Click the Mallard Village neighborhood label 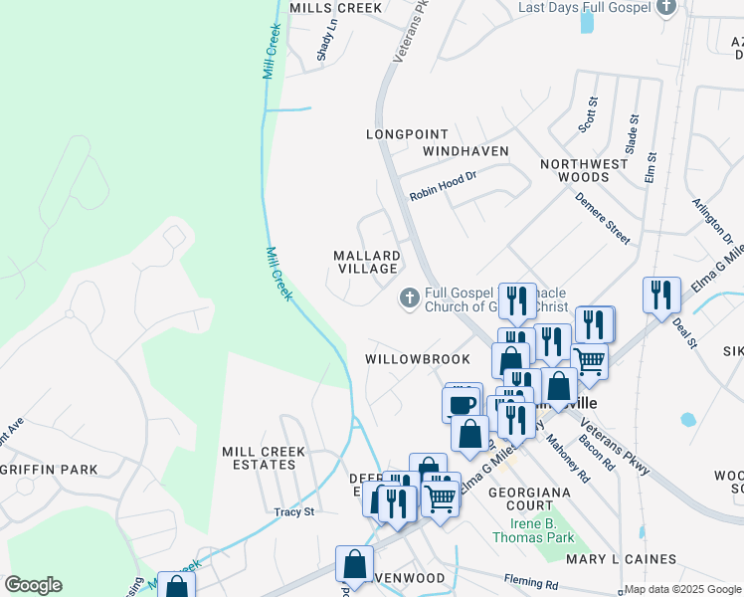coord(366,263)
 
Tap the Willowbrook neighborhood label coord(403,358)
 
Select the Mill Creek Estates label coord(264,459)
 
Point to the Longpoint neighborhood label coord(407,133)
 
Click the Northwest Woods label coord(584,170)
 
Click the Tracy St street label coord(293,512)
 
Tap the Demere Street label coord(602,218)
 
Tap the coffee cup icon coord(462,403)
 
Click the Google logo coord(33,585)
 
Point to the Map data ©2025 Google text coord(682,589)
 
